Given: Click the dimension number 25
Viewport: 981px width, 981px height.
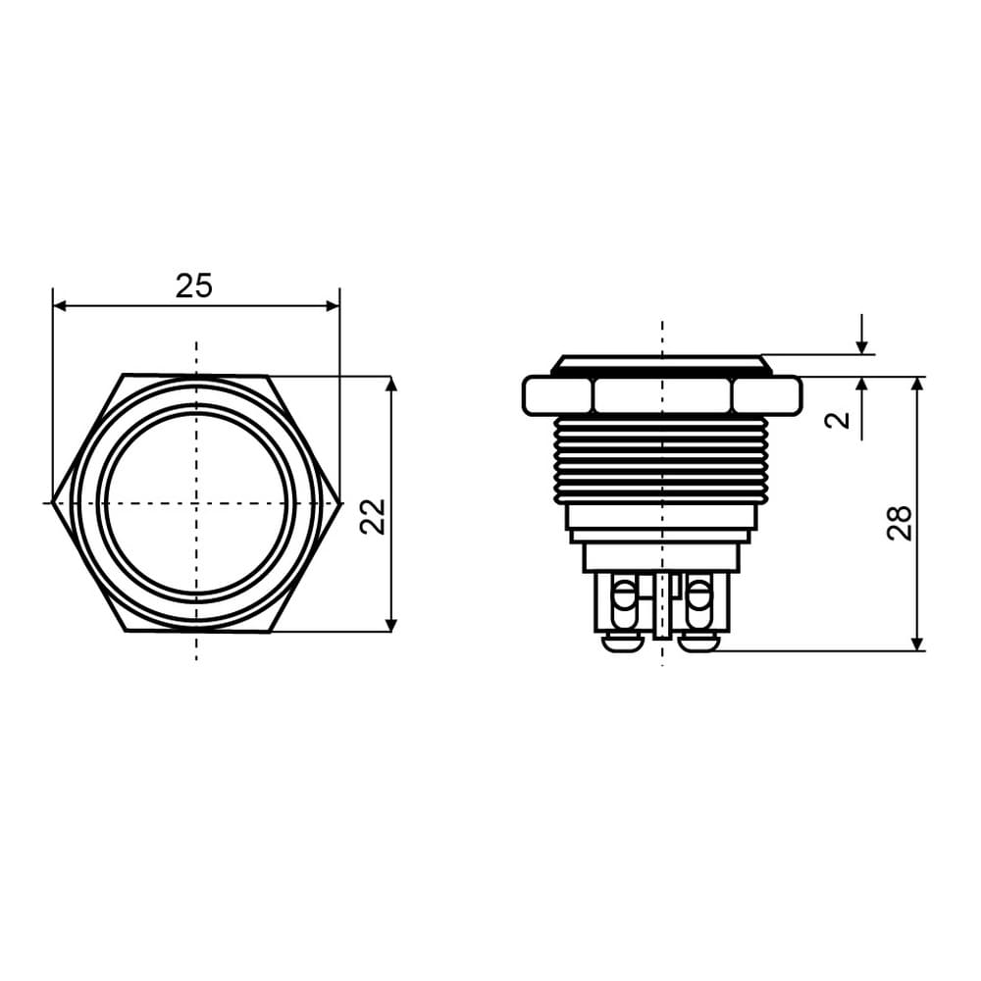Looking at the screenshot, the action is pyautogui.click(x=194, y=285).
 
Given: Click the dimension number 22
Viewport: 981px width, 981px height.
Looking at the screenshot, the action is pyautogui.click(x=374, y=516).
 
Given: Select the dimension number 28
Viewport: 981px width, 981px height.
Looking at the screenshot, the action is pyautogui.click(x=900, y=523).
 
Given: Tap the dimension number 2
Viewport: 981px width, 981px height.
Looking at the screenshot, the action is pyautogui.click(x=839, y=420).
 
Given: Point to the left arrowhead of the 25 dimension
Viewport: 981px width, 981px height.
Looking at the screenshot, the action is pyautogui.click(x=60, y=306).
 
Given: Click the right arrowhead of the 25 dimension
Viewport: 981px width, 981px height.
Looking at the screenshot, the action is pyautogui.click(x=333, y=306).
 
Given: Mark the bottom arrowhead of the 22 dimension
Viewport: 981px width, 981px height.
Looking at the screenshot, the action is pyautogui.click(x=391, y=625).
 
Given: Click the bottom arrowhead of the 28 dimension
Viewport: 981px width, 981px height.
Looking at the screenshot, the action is pyautogui.click(x=917, y=645).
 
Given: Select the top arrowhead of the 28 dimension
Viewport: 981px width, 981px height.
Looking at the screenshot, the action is pyautogui.click(x=917, y=384).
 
